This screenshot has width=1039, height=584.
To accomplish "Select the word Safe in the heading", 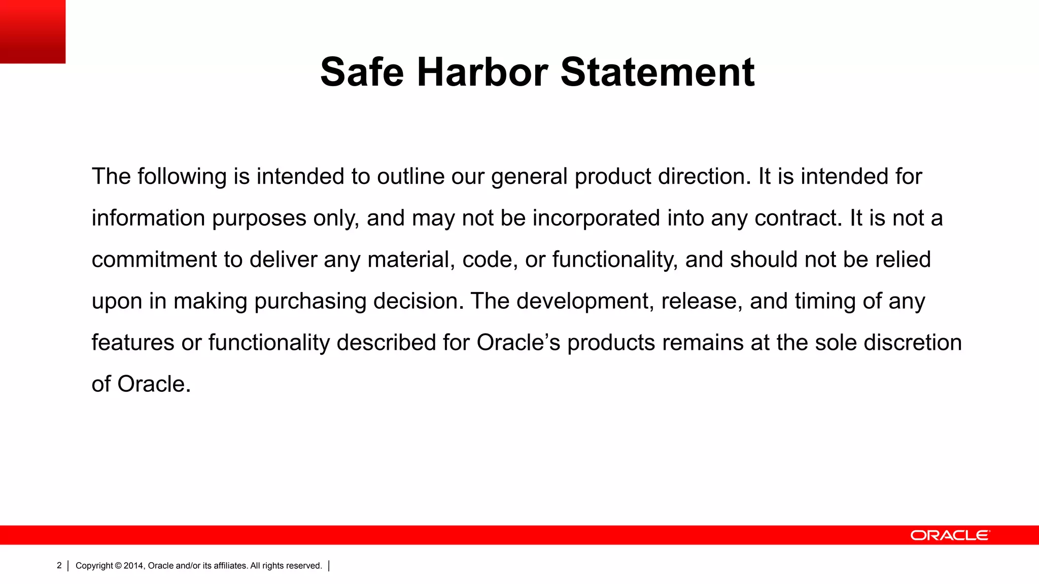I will pyautogui.click(x=362, y=72).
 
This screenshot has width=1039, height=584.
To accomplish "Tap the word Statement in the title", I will pyautogui.click(x=657, y=72).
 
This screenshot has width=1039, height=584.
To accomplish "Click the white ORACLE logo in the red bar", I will pyautogui.click(x=950, y=535).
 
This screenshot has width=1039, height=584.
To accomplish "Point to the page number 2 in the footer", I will pyautogui.click(x=59, y=565).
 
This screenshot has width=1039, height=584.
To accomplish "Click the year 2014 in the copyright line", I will pyautogui.click(x=134, y=566).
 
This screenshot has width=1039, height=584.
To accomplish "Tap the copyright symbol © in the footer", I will pyautogui.click(x=118, y=566).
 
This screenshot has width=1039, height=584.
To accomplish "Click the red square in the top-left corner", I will pyautogui.click(x=32, y=31).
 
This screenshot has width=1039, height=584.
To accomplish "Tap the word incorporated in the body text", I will pyautogui.click(x=596, y=218).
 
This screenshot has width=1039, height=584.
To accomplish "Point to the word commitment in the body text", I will pyautogui.click(x=154, y=260).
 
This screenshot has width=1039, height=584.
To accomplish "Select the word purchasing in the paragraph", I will pyautogui.click(x=309, y=302).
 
